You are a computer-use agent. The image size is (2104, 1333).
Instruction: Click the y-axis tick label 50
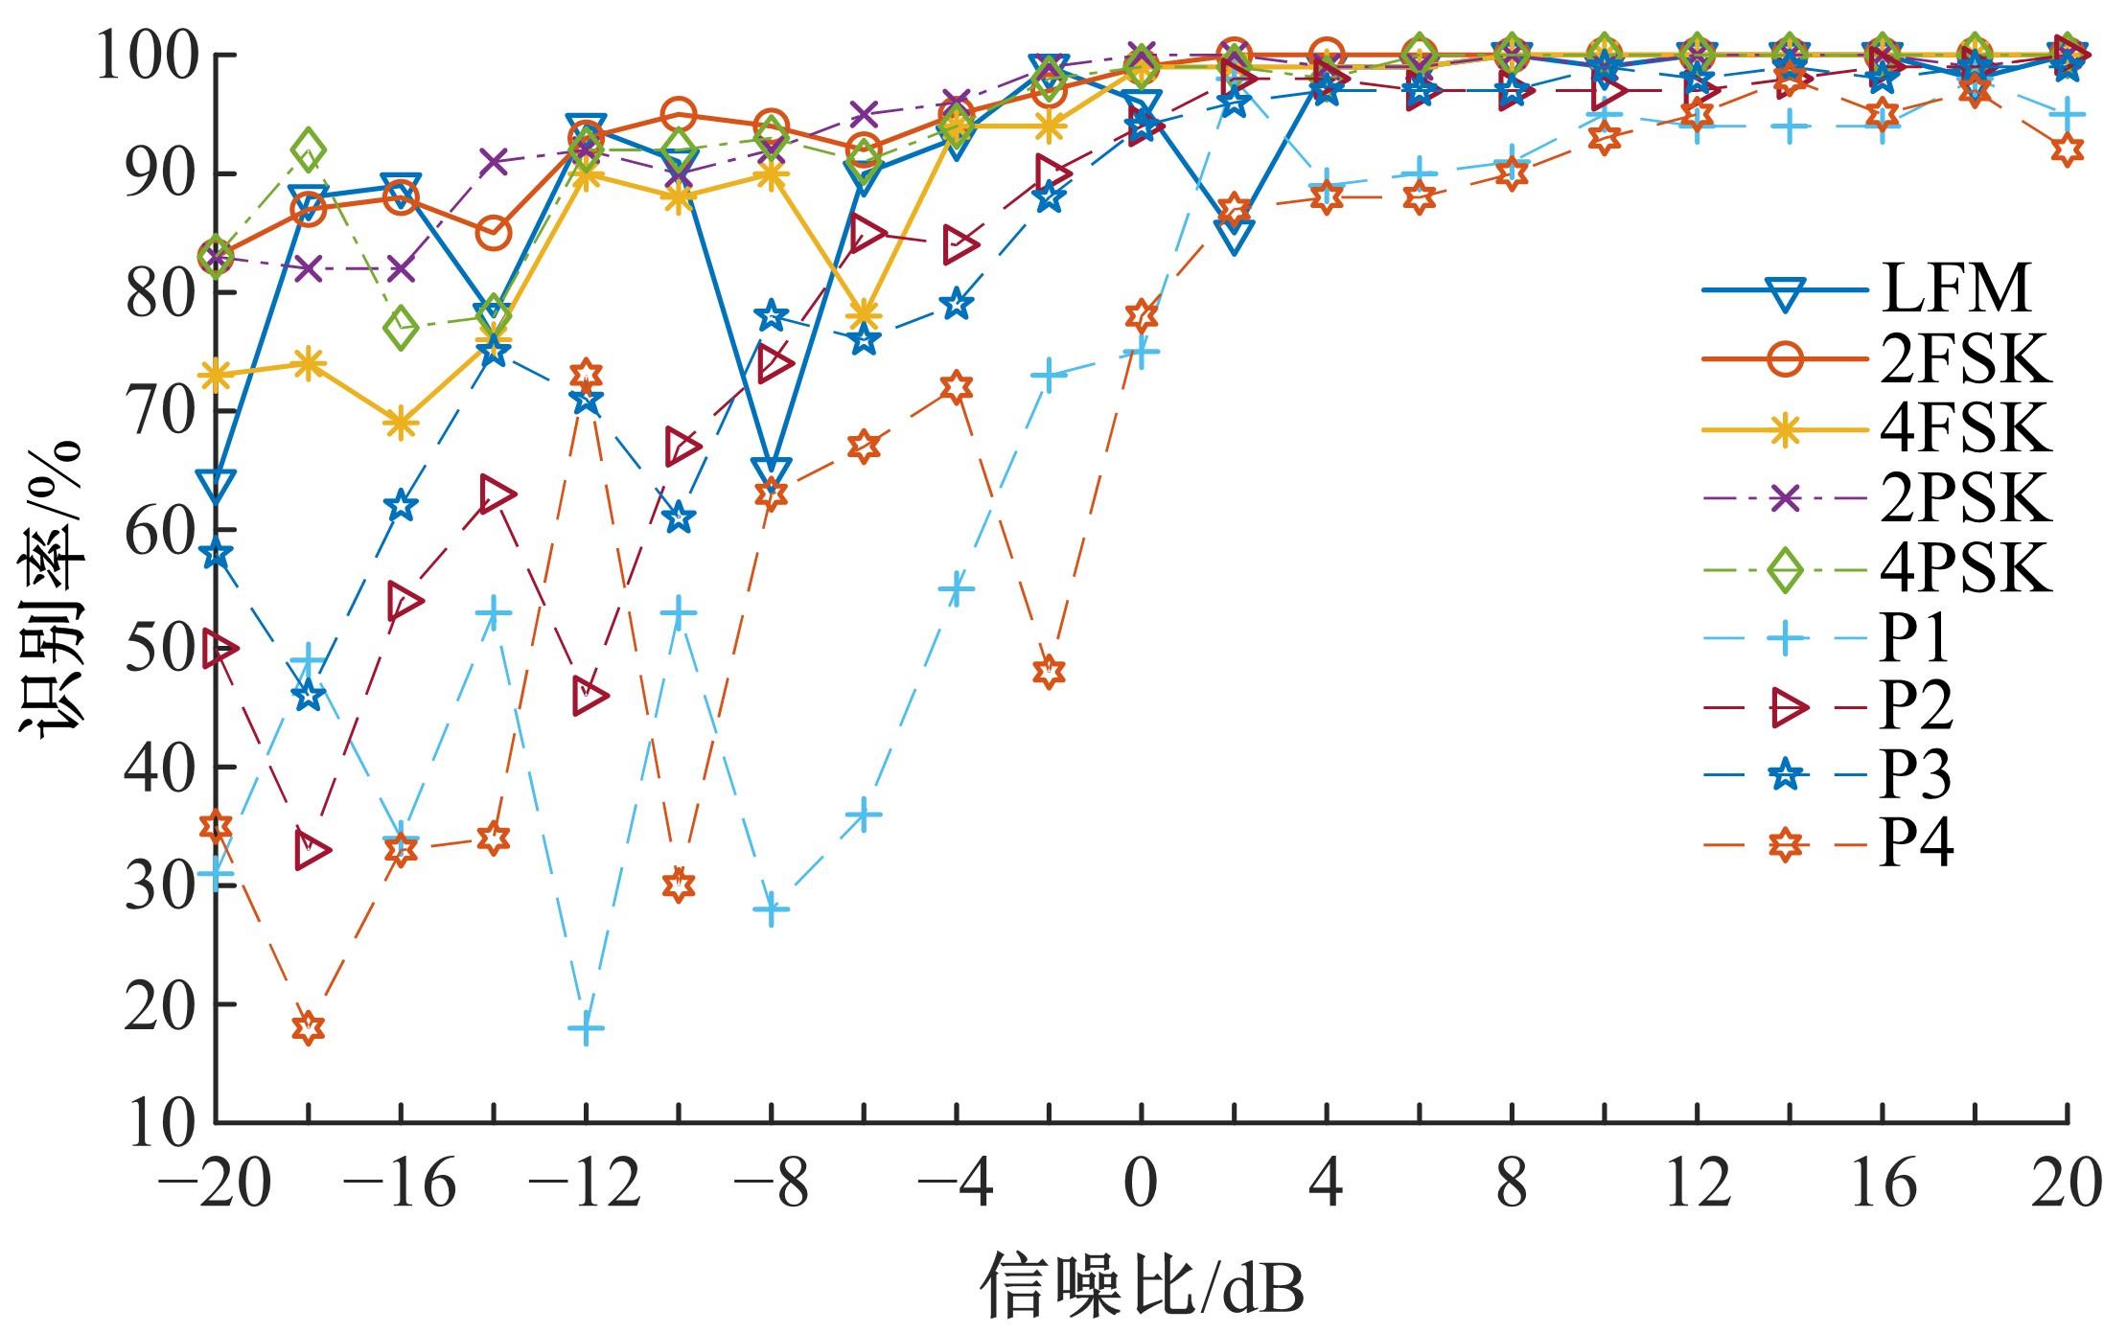(157, 649)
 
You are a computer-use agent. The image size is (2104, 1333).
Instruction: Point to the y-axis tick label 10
(157, 1122)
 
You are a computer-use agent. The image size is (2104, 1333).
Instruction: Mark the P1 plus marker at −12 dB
(586, 1028)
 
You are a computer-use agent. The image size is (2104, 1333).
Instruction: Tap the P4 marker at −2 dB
(1049, 671)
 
